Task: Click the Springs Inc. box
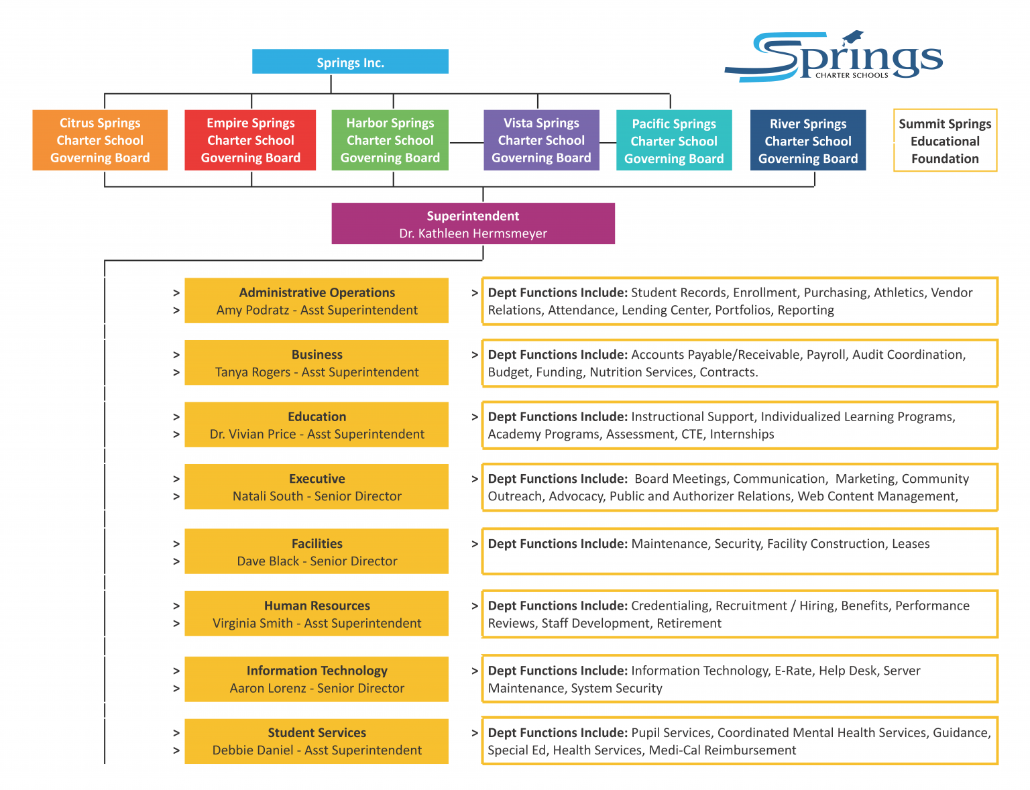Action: [x=350, y=62]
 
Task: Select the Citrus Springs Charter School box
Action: [x=100, y=140]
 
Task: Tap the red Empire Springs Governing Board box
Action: [x=250, y=140]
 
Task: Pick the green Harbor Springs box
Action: [x=390, y=140]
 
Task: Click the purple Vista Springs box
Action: [x=541, y=140]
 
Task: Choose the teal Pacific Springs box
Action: [x=674, y=141]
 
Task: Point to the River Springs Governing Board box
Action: [x=808, y=141]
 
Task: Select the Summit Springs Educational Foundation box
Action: [x=945, y=141]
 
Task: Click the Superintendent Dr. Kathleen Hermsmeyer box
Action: [x=473, y=224]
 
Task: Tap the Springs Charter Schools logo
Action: [x=835, y=57]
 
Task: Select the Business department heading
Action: [x=317, y=355]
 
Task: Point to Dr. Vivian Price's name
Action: [x=253, y=435]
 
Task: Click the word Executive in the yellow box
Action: [x=317, y=479]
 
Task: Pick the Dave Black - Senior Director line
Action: [x=317, y=561]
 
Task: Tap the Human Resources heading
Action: [x=317, y=606]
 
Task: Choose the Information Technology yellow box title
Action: [x=317, y=671]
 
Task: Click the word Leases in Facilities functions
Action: [x=911, y=544]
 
